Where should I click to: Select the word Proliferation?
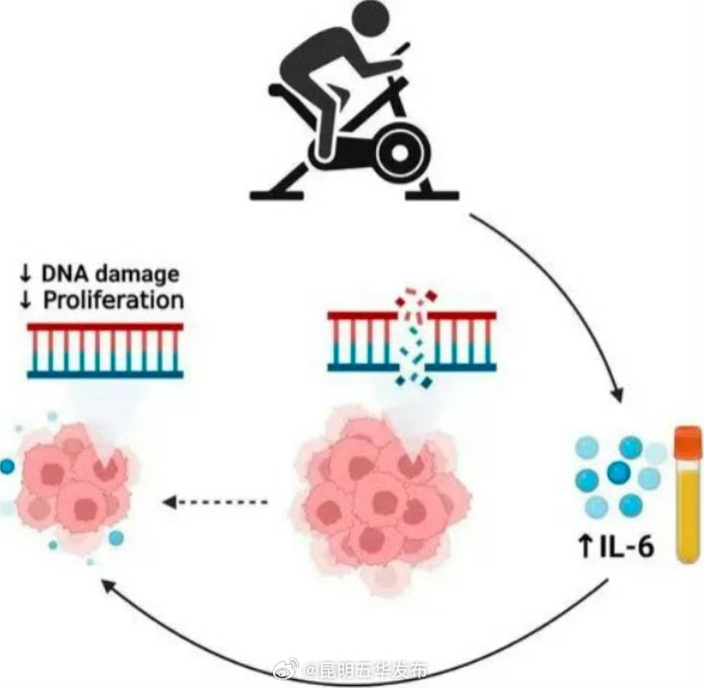pyautogui.click(x=113, y=300)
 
